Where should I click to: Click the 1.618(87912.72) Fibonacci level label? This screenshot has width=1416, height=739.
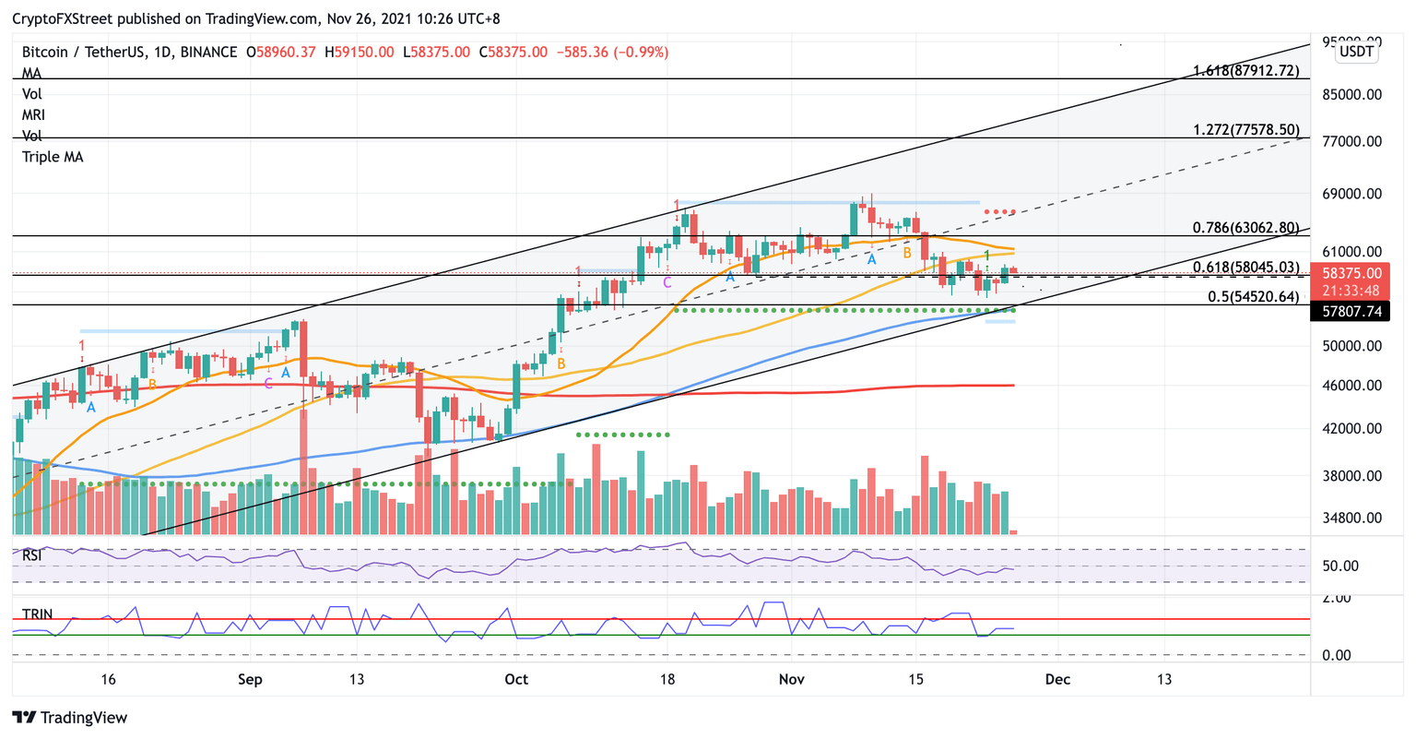click(x=1245, y=71)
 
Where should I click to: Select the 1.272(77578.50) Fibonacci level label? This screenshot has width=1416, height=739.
click(x=1245, y=130)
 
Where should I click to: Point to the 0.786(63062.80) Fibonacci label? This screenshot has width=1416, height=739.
click(x=1245, y=228)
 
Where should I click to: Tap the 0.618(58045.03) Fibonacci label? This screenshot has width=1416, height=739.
click(x=1245, y=268)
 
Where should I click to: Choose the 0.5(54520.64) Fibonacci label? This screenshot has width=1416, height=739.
click(x=1253, y=297)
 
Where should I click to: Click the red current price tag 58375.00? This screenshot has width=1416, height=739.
click(x=1351, y=274)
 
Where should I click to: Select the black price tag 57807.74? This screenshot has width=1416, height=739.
click(x=1351, y=313)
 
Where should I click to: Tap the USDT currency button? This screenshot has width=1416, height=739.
click(x=1356, y=52)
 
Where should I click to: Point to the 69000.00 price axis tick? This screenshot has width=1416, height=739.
click(x=1351, y=194)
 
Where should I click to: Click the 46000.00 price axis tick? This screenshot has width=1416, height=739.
click(x=1351, y=386)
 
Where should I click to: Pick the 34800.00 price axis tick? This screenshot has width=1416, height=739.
click(x=1351, y=518)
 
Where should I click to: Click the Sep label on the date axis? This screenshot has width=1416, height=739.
click(x=250, y=680)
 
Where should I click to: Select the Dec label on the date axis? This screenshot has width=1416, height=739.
click(x=1057, y=680)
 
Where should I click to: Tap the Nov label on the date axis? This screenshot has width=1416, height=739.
click(x=792, y=680)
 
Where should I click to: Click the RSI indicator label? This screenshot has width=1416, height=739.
click(x=32, y=555)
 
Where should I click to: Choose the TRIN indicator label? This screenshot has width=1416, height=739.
click(x=37, y=614)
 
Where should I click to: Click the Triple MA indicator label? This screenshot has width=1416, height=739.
click(x=53, y=157)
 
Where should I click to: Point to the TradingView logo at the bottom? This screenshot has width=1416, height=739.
click(x=70, y=718)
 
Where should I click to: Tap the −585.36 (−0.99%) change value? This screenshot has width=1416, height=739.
click(x=613, y=53)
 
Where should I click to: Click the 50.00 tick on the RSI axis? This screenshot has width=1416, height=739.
click(x=1339, y=566)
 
